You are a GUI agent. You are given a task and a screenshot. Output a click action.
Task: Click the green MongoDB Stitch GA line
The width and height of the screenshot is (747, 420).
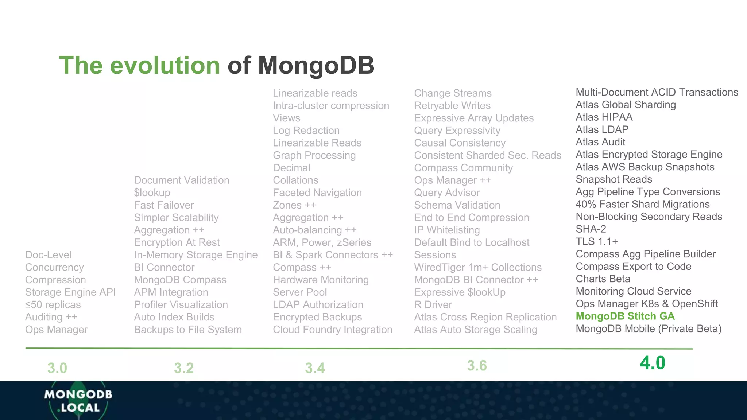click(625, 316)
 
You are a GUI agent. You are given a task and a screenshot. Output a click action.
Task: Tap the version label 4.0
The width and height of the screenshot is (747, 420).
click(652, 363)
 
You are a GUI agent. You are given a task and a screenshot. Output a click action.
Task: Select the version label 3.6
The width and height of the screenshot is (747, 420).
click(477, 366)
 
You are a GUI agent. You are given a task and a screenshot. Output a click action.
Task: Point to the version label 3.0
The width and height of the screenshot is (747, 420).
click(57, 368)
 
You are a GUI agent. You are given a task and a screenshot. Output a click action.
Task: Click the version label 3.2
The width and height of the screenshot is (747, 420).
click(183, 368)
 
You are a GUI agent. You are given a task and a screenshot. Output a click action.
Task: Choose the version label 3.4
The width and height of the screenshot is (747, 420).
click(315, 368)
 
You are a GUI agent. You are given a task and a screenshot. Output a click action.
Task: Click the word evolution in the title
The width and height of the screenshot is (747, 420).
click(165, 65)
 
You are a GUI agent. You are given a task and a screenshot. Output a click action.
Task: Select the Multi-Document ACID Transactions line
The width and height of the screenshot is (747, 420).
click(657, 92)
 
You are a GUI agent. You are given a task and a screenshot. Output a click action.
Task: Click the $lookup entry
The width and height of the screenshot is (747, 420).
click(152, 192)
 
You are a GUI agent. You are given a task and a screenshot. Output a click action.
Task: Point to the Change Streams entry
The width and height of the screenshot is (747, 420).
click(453, 93)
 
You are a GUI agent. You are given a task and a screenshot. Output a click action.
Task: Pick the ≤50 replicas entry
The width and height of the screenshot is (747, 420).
click(53, 304)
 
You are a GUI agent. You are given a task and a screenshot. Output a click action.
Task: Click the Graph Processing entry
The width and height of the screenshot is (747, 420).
click(314, 155)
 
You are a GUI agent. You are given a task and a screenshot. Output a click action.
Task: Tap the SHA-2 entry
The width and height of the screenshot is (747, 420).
click(591, 229)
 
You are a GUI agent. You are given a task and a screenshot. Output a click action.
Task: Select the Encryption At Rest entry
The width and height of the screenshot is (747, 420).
click(177, 242)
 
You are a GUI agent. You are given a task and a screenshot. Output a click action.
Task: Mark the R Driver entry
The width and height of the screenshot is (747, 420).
click(433, 304)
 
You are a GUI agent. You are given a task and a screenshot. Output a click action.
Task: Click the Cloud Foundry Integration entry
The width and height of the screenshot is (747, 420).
click(332, 330)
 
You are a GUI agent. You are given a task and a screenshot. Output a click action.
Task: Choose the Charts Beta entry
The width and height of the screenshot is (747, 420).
click(603, 279)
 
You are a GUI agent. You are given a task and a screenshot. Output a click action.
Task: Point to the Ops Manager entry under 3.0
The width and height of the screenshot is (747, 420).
click(56, 330)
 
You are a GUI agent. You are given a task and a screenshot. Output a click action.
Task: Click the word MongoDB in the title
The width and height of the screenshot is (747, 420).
click(316, 65)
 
